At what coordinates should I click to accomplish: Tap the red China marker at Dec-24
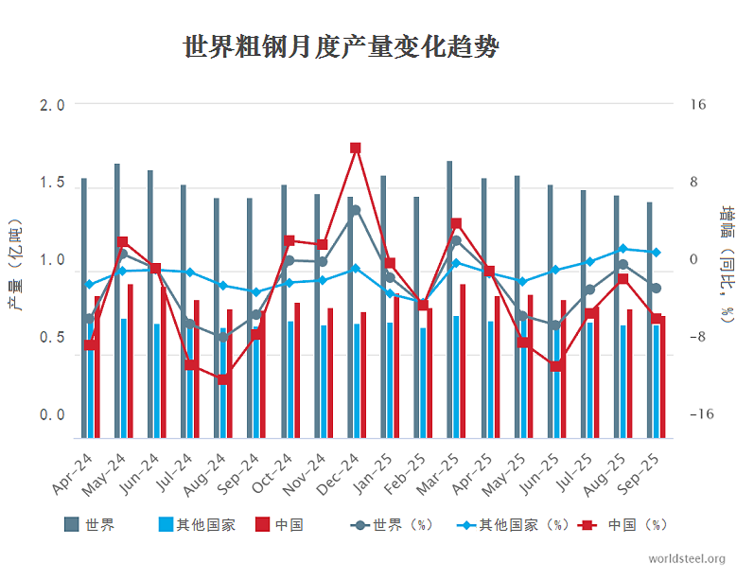[356, 149]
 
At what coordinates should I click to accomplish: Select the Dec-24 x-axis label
[342, 470]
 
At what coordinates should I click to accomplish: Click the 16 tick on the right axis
[697, 105]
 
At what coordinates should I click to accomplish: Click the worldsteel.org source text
[687, 559]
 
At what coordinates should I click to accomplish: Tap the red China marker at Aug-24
[223, 379]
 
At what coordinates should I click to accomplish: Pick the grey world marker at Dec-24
[356, 210]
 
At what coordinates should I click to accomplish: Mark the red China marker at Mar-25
[456, 223]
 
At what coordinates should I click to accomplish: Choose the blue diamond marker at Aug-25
[622, 248]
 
